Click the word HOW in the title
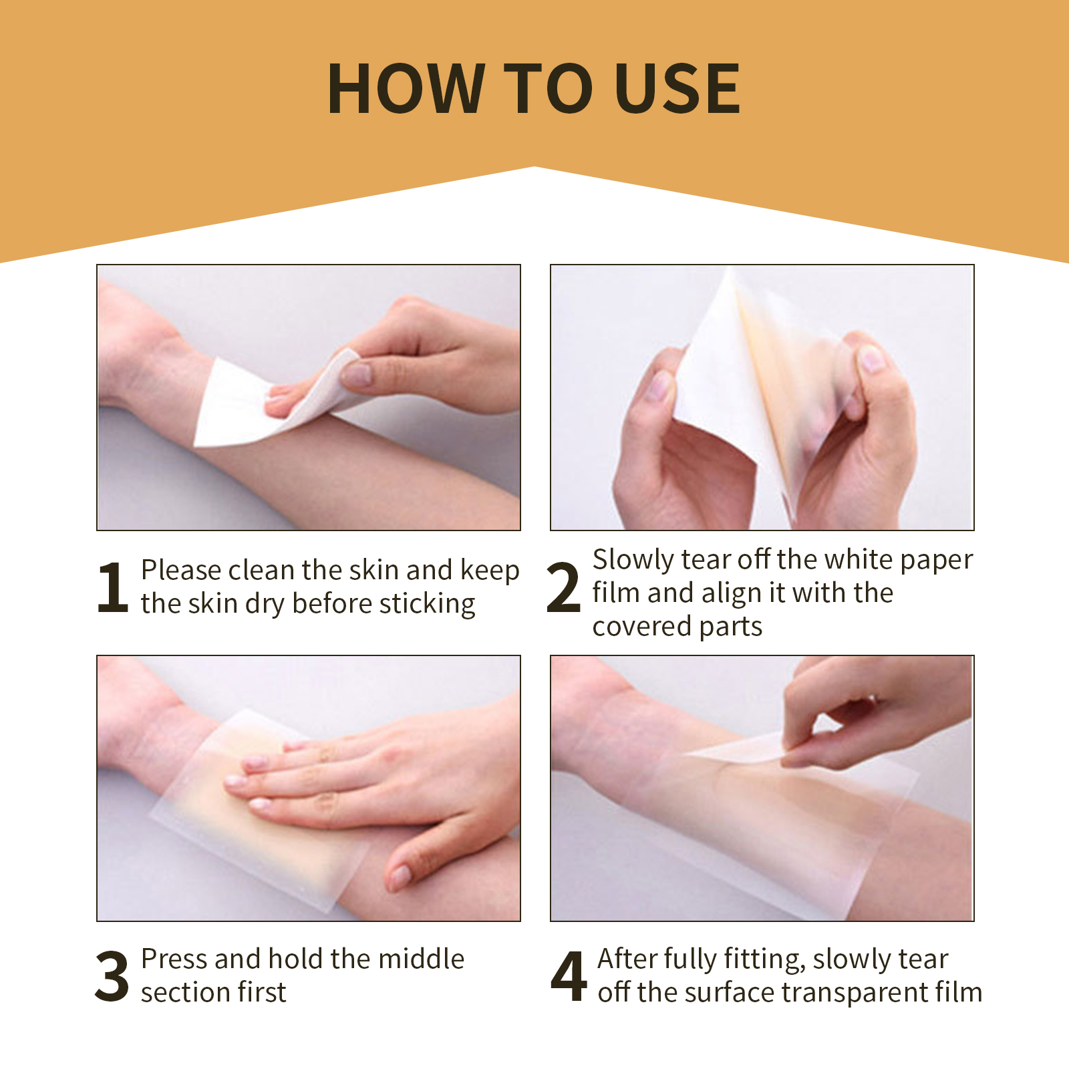click(x=405, y=89)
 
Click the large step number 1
click(x=112, y=587)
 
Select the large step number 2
click(x=563, y=587)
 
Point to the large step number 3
click(x=112, y=976)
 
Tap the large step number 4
click(x=569, y=976)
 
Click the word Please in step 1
click(x=180, y=570)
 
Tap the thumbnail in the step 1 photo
click(x=359, y=373)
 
